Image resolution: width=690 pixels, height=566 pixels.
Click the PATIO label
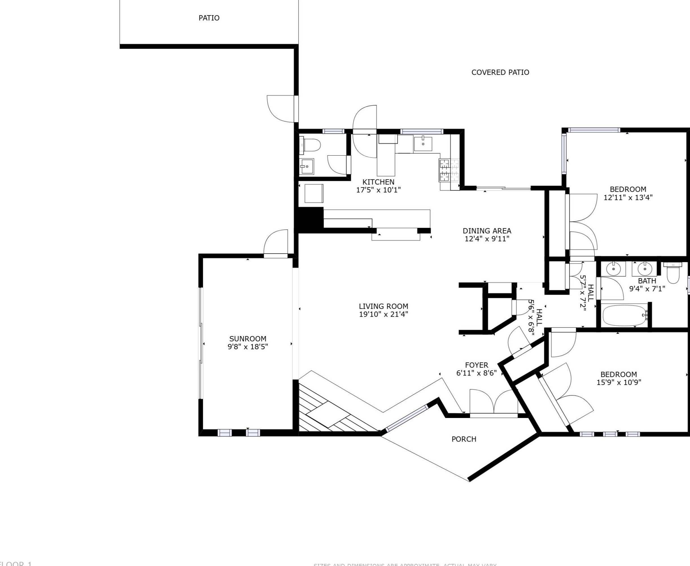209,18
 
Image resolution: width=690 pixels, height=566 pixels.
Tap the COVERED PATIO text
500,72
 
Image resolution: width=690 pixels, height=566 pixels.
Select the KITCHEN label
378,182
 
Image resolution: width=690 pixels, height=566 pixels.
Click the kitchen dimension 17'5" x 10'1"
378,190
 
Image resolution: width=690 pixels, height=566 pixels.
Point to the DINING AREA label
487,231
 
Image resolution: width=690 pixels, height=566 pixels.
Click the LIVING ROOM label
383,306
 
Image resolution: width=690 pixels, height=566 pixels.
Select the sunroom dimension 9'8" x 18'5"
247,347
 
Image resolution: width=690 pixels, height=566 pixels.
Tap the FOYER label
476,365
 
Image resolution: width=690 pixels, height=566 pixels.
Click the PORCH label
464,439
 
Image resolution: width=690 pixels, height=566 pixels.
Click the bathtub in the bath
625,315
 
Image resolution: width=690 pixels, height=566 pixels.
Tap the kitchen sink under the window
423,144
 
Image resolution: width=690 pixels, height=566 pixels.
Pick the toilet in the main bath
673,273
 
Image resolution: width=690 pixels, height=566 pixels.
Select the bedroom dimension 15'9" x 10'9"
619,382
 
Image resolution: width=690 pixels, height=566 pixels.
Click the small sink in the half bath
306,166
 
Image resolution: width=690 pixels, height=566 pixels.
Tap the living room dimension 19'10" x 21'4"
383,314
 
